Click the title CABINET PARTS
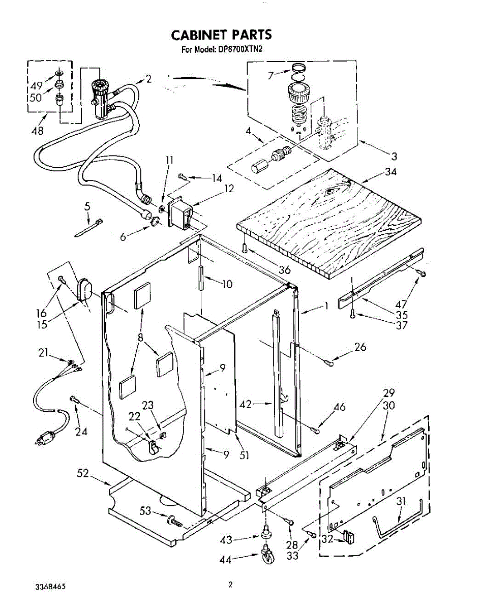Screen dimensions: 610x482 [x=221, y=35]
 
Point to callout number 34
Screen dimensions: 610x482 [x=390, y=171]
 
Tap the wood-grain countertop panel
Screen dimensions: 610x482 [x=328, y=219]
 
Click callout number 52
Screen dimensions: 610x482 [x=83, y=474]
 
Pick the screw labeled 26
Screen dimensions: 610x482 [x=328, y=362]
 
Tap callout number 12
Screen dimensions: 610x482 [x=229, y=189]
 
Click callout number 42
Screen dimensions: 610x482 [x=246, y=404]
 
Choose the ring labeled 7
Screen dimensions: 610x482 [x=299, y=69]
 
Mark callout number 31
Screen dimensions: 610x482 [x=402, y=501]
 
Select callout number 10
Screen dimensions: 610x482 [x=227, y=284]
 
